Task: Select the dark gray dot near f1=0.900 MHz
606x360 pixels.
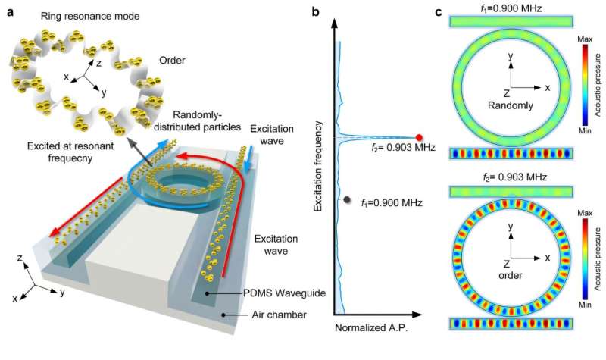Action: coord(347,200)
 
